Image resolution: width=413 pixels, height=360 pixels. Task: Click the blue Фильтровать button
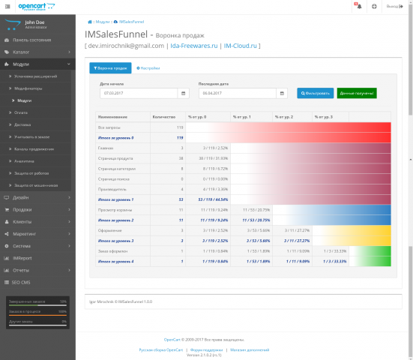point(315,94)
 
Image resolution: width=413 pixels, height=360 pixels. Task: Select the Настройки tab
point(148,68)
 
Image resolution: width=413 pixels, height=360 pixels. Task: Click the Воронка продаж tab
point(109,68)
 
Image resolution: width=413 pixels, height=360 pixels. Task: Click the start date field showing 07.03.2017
point(139,94)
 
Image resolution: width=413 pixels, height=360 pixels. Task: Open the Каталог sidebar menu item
point(21,52)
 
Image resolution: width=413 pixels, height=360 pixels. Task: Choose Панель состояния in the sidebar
point(31,39)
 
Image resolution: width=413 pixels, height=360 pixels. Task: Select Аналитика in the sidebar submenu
point(25,160)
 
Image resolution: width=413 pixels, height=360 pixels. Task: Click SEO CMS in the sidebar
point(22,281)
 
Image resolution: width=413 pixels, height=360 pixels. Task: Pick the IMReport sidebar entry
point(22,257)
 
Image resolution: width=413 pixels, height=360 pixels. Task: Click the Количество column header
point(163,117)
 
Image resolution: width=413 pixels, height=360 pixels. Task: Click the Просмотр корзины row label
point(114,210)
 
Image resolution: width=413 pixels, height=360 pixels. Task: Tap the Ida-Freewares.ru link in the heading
point(193,46)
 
